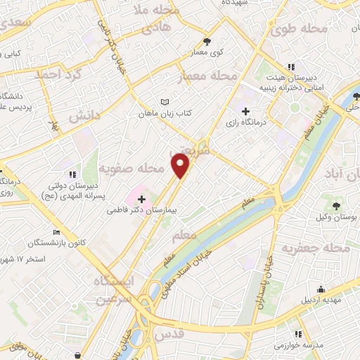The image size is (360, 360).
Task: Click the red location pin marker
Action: [181, 165]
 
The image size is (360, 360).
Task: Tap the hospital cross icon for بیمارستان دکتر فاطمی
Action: [141, 200]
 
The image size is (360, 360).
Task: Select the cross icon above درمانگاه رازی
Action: [245, 111]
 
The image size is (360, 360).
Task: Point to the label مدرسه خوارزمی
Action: [298, 347]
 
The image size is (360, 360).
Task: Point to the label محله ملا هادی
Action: [157, 20]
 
